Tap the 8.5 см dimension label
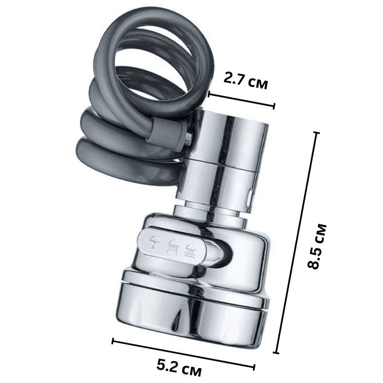tap(317, 246)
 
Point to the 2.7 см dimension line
tap(241, 100)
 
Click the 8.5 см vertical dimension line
tap(297, 243)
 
